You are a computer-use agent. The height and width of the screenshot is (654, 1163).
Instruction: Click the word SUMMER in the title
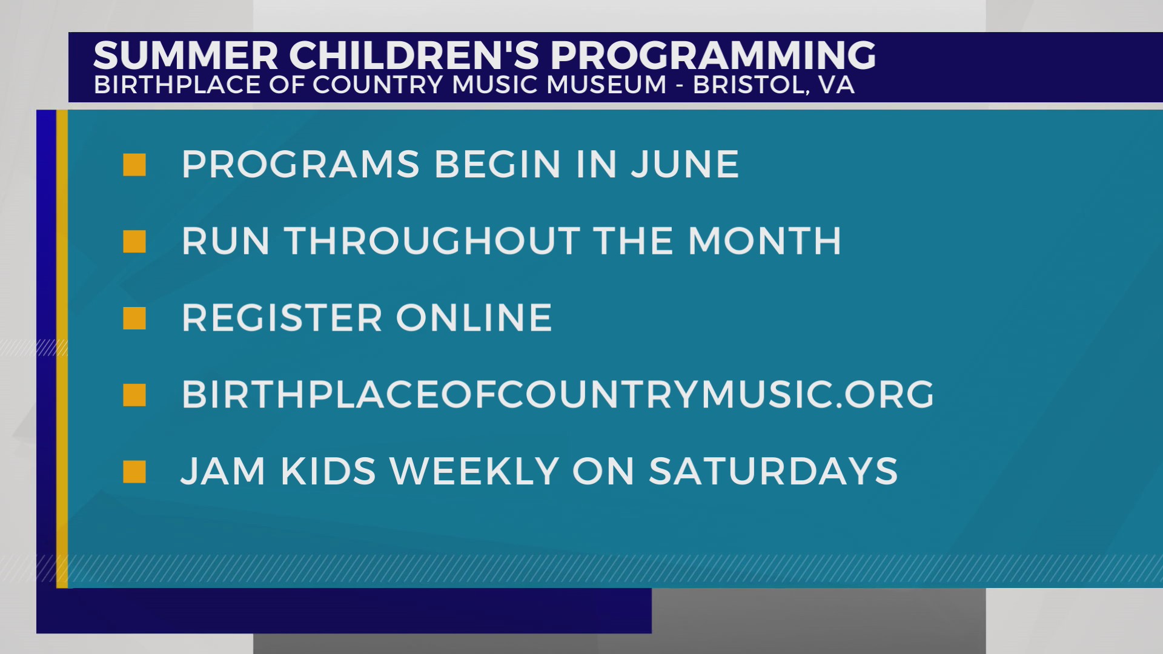(x=186, y=55)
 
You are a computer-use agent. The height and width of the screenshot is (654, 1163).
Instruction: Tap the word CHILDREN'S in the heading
(x=414, y=55)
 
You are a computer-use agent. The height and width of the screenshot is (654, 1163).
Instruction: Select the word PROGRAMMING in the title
(x=713, y=55)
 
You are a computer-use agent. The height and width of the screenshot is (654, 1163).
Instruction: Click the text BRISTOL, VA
(x=774, y=85)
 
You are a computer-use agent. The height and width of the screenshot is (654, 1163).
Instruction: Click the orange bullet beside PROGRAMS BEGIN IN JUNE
(x=134, y=165)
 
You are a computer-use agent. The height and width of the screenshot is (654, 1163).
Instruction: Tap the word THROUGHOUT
(x=433, y=241)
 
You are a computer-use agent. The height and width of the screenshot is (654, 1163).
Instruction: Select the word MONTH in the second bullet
(x=764, y=241)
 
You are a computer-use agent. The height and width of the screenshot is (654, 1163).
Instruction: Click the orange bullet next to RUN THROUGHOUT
(x=134, y=242)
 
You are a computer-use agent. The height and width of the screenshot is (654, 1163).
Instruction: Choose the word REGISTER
(x=282, y=318)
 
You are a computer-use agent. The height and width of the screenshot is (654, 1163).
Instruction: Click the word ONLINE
(x=474, y=318)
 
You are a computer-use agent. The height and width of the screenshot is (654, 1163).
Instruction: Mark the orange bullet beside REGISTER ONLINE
(x=134, y=319)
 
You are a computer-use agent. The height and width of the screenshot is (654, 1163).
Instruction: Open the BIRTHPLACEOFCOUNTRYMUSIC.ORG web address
(x=558, y=395)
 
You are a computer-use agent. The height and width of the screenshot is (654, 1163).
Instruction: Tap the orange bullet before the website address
(x=134, y=395)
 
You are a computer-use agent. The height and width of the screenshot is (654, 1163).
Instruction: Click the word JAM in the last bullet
(x=224, y=471)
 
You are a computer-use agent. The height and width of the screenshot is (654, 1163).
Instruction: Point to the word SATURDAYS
(x=774, y=471)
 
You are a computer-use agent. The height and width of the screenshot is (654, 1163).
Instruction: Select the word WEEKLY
(x=474, y=471)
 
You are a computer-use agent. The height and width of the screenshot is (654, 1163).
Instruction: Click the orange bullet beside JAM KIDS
(x=134, y=472)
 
